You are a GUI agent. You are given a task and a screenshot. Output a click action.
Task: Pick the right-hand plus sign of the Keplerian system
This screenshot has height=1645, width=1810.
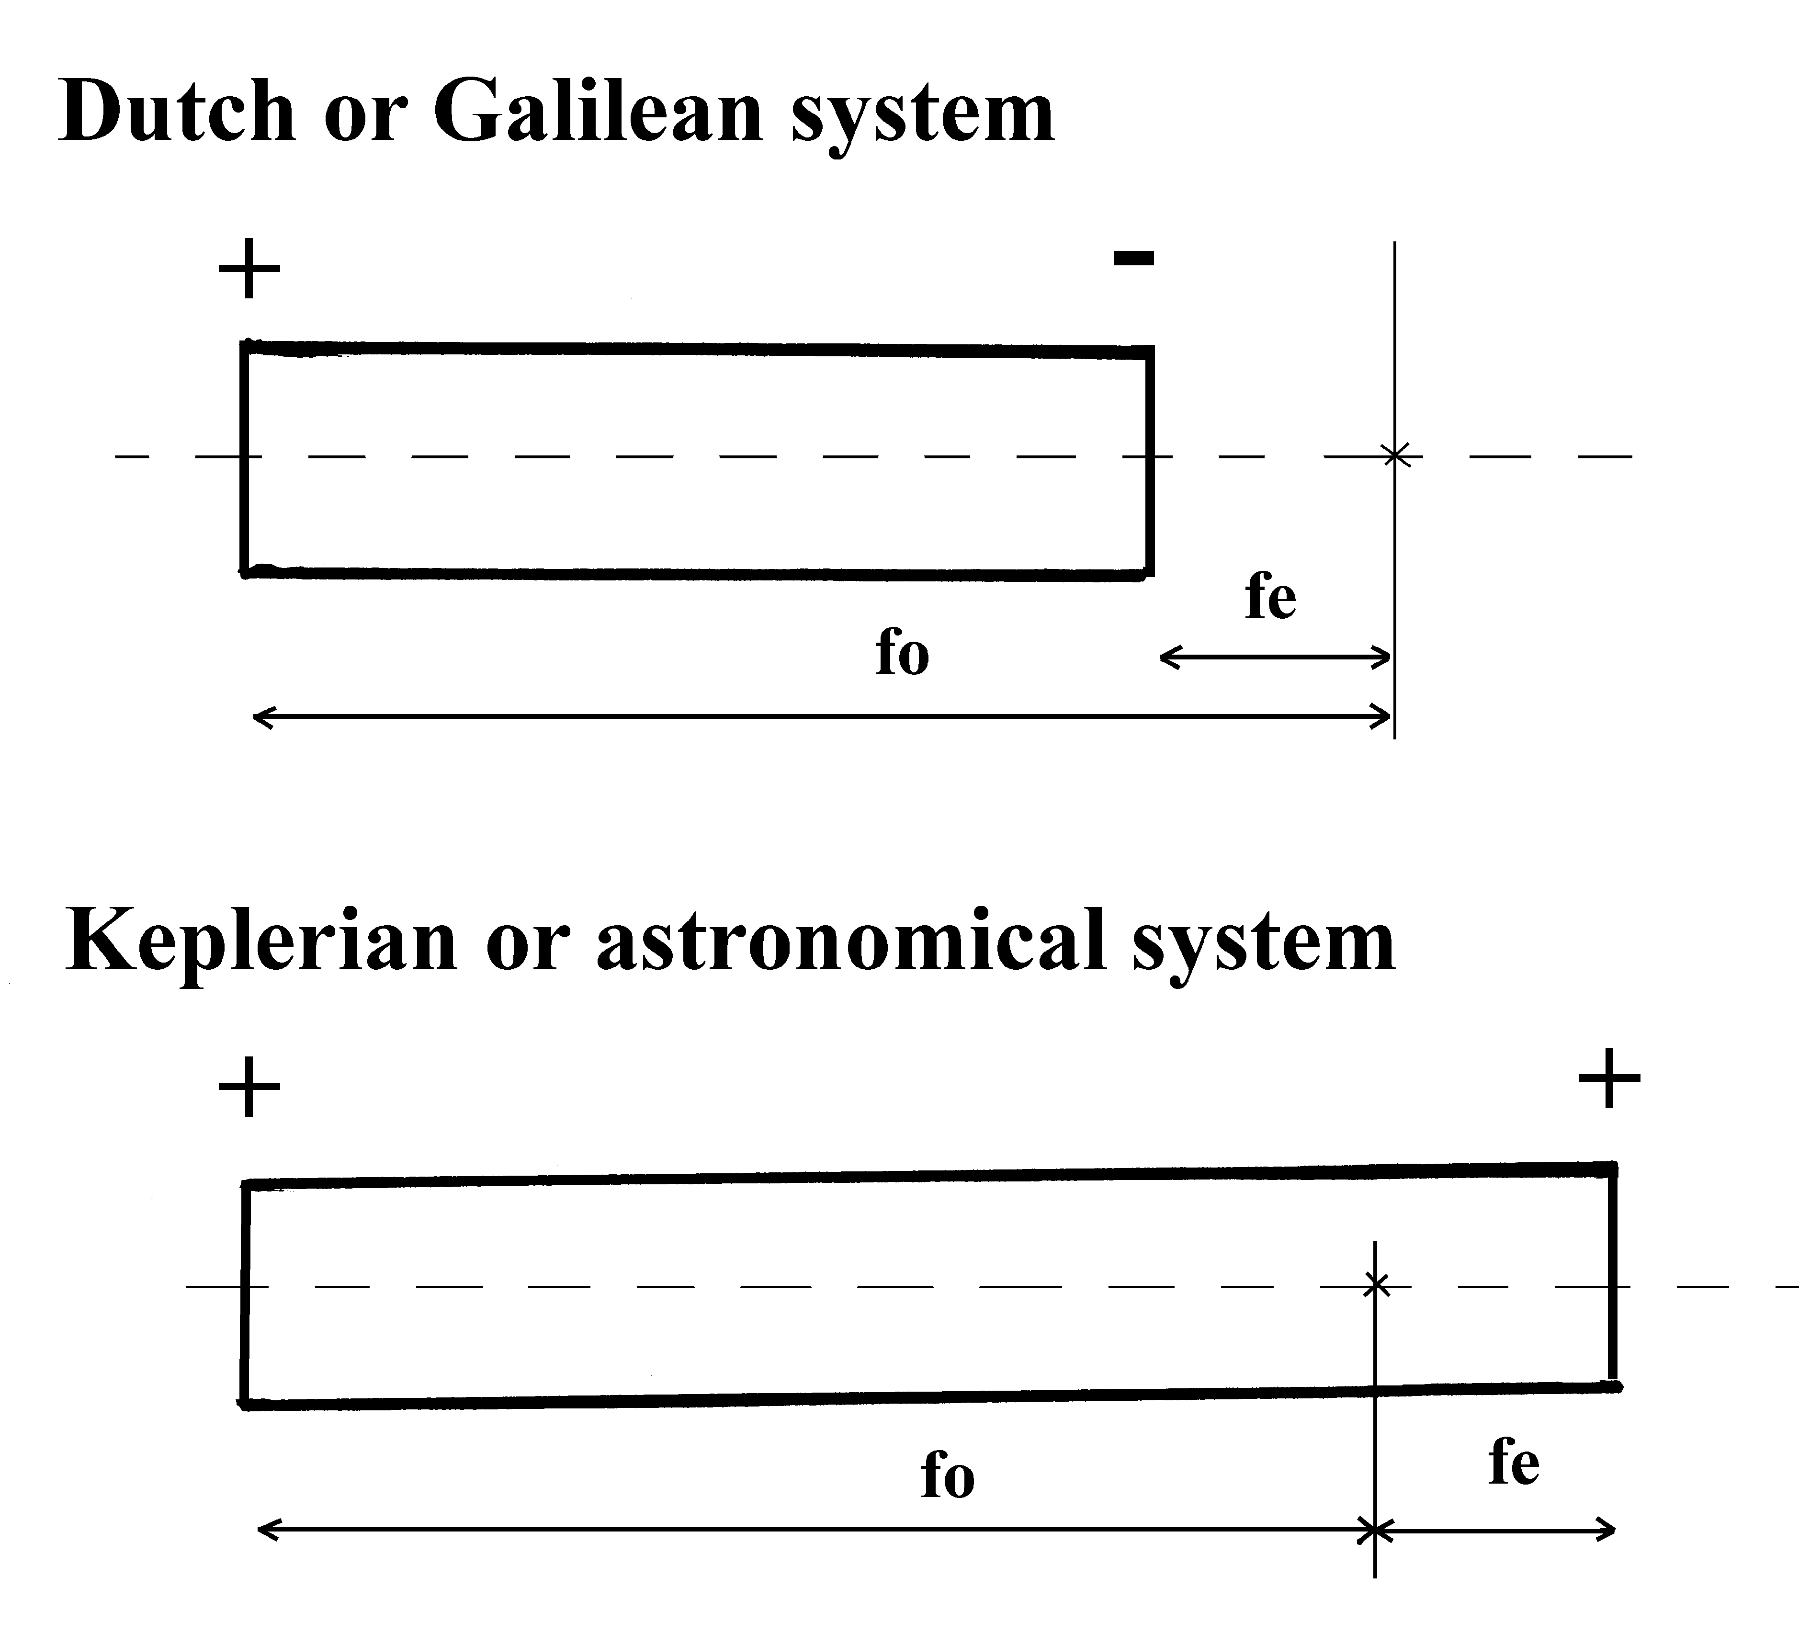click(1609, 1078)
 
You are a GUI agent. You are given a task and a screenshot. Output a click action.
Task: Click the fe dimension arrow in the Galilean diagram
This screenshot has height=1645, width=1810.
click(1275, 658)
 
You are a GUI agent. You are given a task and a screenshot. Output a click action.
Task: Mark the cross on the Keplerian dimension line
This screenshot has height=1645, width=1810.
click(1375, 1529)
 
